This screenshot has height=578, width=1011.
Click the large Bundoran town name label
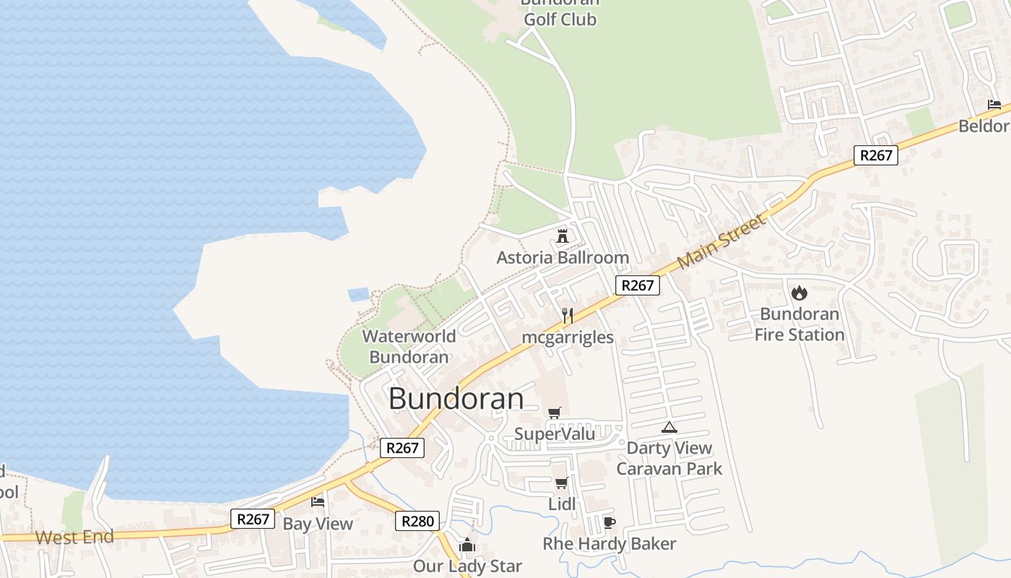coord(456,399)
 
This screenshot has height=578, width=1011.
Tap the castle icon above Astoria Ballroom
coord(563,236)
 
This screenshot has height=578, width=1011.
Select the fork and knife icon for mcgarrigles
coord(568,316)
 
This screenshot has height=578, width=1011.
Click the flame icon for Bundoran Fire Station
coord(799,293)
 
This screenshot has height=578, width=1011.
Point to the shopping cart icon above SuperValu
coord(554,413)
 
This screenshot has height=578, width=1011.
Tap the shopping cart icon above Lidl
coord(561,483)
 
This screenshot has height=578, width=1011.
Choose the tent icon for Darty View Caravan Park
coord(669,427)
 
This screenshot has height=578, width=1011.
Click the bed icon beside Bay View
coord(317,501)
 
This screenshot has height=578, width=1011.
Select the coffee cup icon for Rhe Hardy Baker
coord(609,522)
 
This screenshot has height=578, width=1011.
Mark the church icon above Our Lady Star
coord(467,545)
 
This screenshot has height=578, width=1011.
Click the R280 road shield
coord(417,521)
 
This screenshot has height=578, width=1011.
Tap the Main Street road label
coord(721,241)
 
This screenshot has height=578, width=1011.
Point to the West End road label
coord(74,538)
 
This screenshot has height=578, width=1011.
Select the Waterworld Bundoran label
coord(409,346)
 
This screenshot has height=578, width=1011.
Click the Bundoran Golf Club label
coord(560,14)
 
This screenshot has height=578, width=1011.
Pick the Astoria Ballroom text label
coord(563,257)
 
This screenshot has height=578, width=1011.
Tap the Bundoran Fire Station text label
coord(799,324)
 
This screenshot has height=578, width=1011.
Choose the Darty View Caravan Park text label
coord(669,458)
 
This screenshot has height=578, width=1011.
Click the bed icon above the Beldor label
coord(994,105)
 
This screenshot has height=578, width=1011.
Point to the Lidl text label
coord(562,504)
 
